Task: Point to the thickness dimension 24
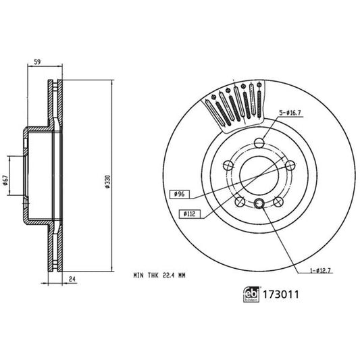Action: (x=71, y=278)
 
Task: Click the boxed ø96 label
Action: (x=179, y=195)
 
